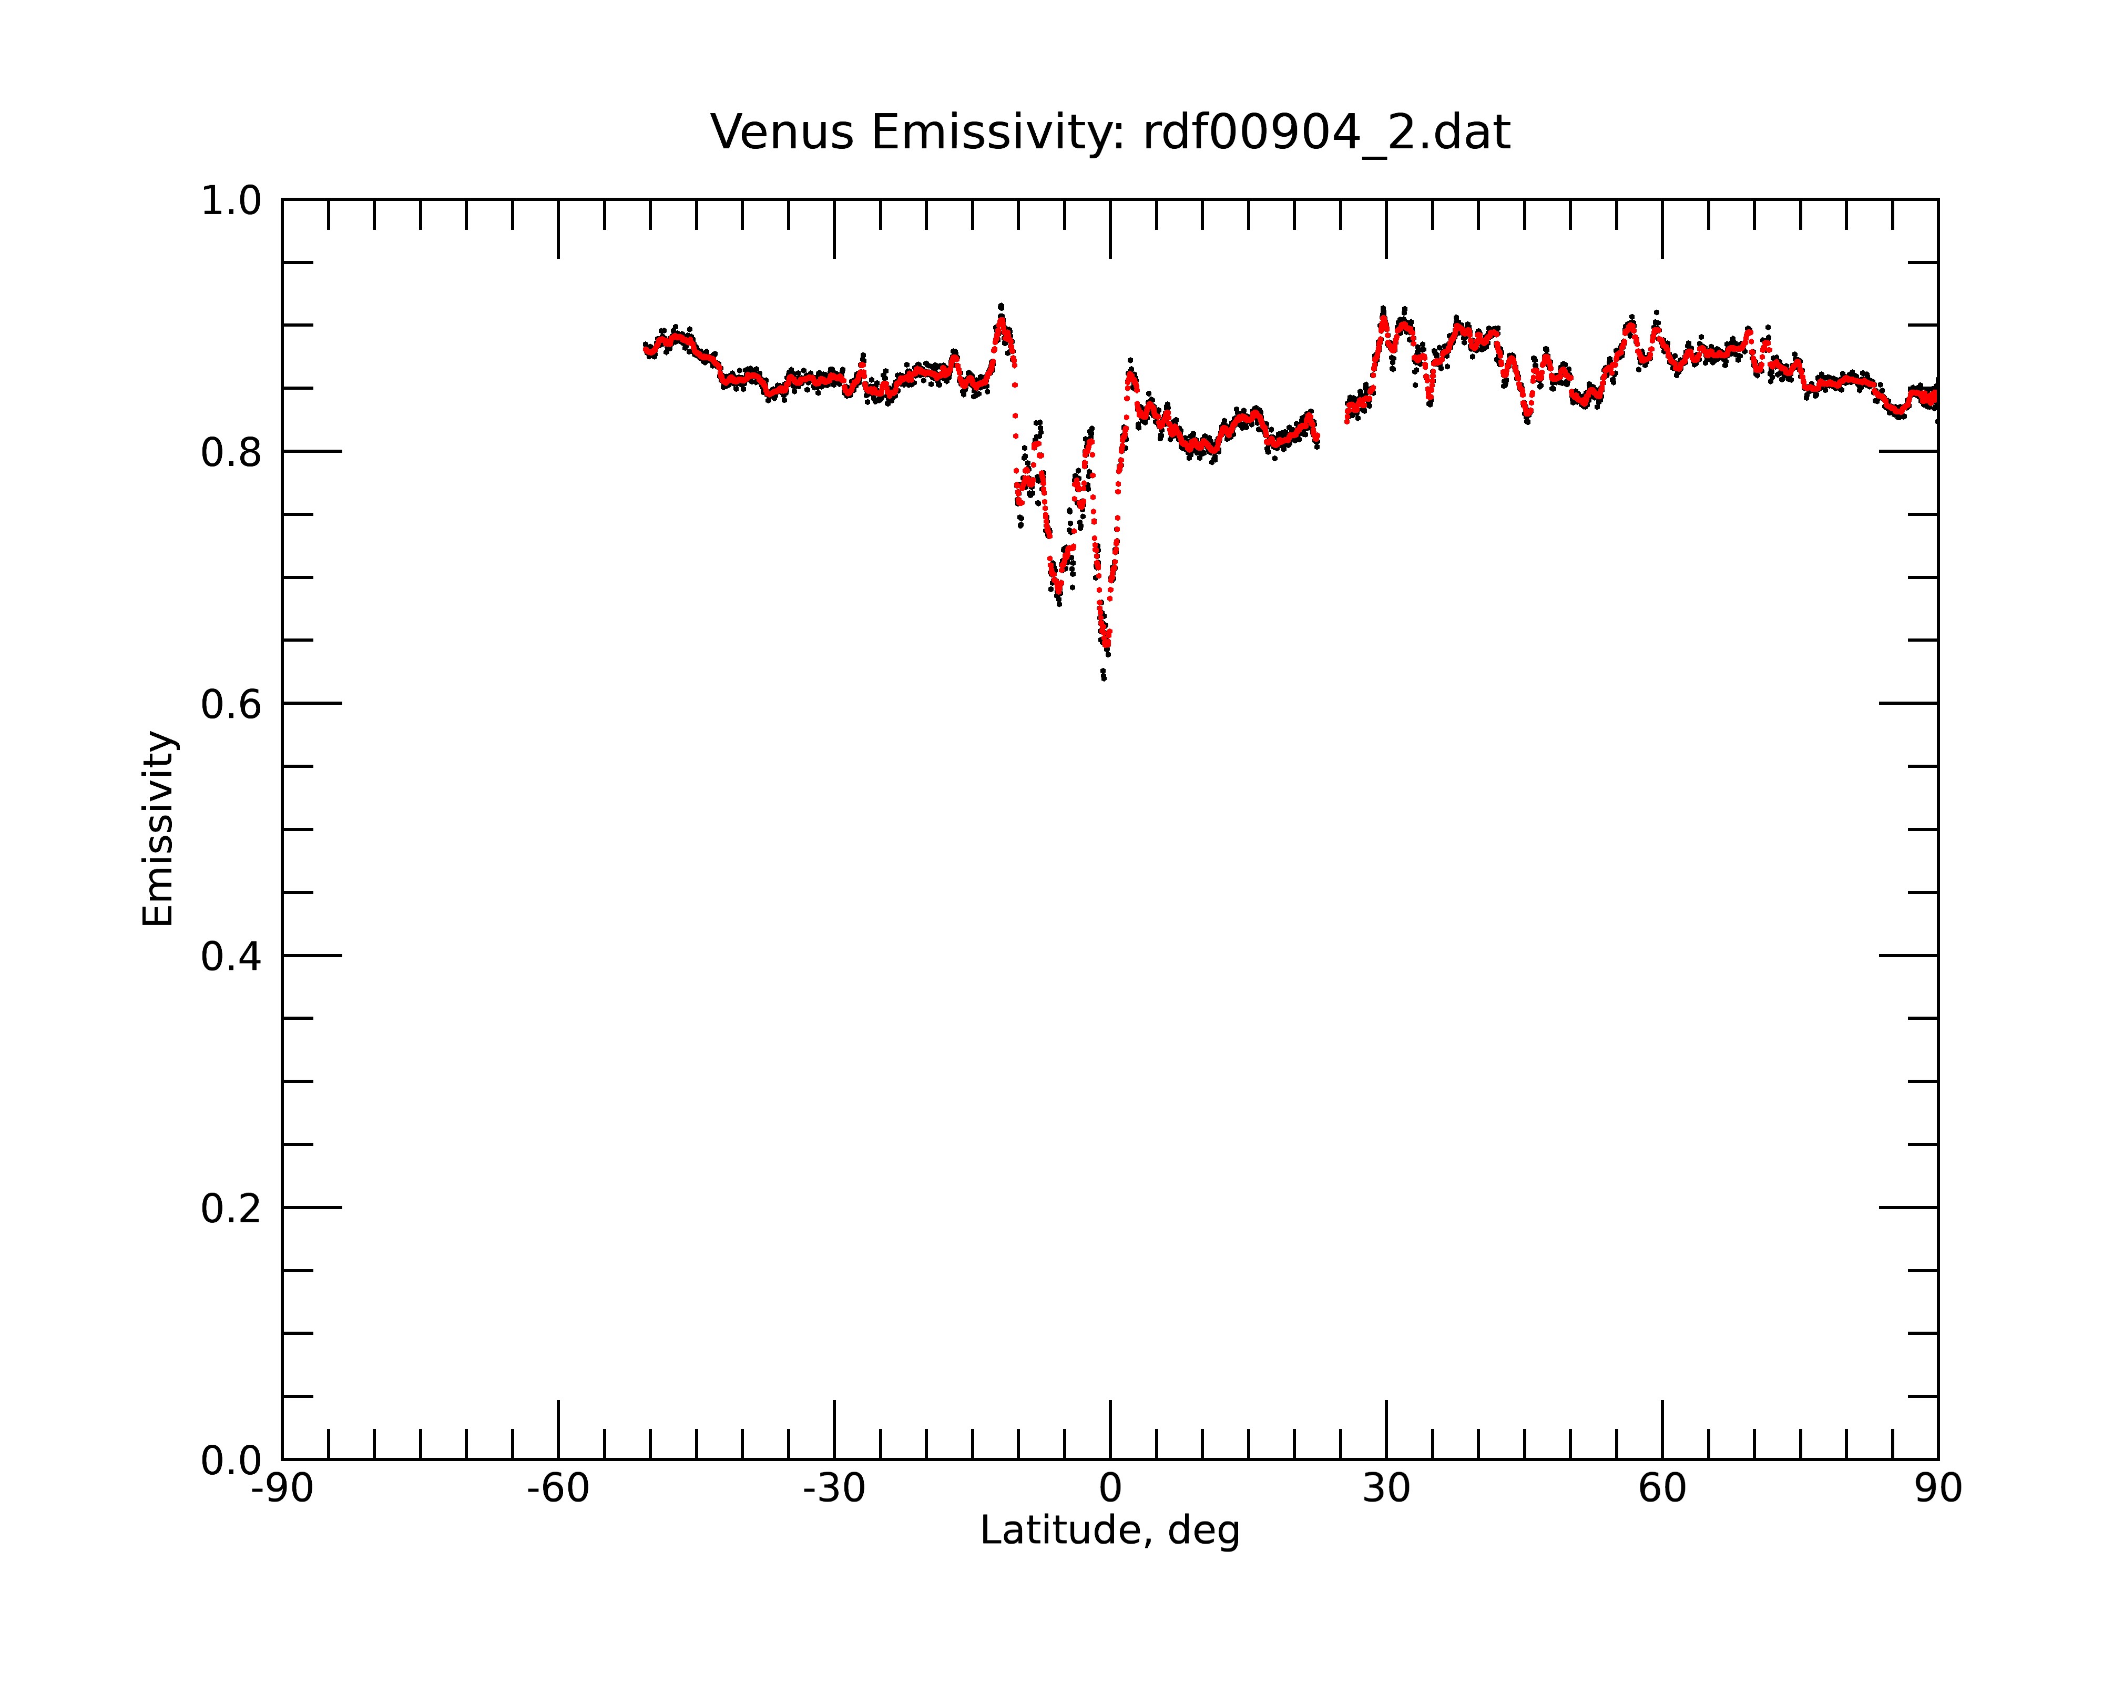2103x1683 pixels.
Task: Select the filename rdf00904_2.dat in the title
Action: (1326, 134)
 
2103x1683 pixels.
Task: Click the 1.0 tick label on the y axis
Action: (231, 201)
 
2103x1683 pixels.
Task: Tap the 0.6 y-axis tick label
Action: (231, 704)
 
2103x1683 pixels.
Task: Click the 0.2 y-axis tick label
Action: (231, 1209)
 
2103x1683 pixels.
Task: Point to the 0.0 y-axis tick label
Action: (231, 1461)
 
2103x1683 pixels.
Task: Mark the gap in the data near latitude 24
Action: (1331, 429)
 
